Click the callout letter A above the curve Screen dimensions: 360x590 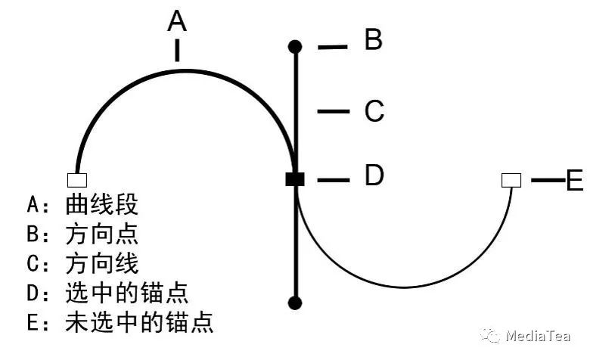point(177,20)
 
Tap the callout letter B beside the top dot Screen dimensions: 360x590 point(373,39)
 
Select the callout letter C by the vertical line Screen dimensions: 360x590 point(374,111)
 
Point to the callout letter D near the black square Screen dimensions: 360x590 point(374,176)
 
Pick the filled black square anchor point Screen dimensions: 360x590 point(295,179)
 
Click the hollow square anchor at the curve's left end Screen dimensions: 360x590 point(77,180)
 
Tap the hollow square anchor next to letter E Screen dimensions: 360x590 point(511,180)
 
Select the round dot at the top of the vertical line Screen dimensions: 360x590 point(296,47)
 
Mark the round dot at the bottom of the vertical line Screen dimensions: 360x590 point(296,303)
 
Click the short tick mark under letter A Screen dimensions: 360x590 point(177,50)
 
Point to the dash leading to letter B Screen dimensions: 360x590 point(332,47)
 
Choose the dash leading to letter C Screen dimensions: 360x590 point(333,112)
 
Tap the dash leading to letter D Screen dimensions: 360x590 point(333,180)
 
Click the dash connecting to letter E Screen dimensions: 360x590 point(546,180)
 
